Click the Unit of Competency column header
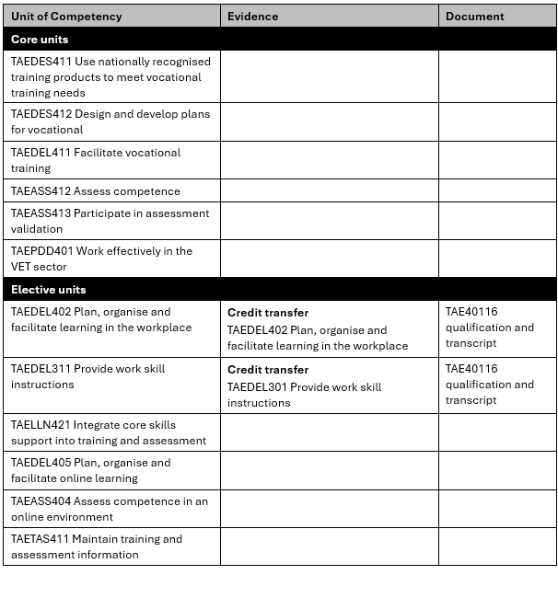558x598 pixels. [x=66, y=17]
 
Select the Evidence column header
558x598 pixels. [x=252, y=17]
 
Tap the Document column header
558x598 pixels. [x=475, y=17]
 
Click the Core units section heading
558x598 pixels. [x=40, y=40]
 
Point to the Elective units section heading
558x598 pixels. [x=49, y=290]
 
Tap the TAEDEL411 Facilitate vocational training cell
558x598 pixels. [x=96, y=160]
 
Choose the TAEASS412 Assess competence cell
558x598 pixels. [x=96, y=191]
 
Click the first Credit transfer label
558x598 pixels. [x=268, y=313]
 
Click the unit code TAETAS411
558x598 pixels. [x=40, y=539]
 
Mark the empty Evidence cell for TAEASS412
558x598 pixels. [x=329, y=191]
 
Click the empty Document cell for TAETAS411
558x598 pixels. [x=497, y=546]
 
